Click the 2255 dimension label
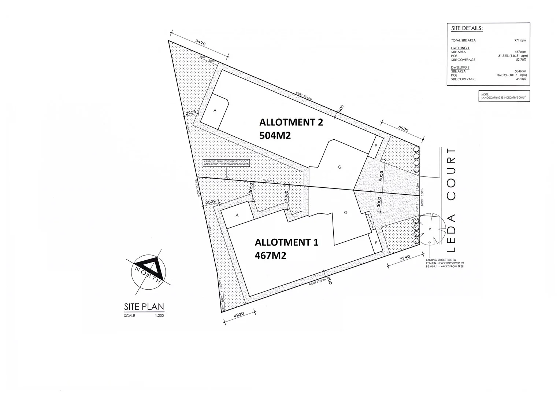(x=191, y=113)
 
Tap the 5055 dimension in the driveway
(x=381, y=176)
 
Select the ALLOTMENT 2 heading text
(x=291, y=122)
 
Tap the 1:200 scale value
(x=159, y=315)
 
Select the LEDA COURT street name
(x=452, y=200)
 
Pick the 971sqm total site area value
(x=520, y=40)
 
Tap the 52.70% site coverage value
(x=520, y=59)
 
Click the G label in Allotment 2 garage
(x=340, y=167)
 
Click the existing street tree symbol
(x=430, y=230)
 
